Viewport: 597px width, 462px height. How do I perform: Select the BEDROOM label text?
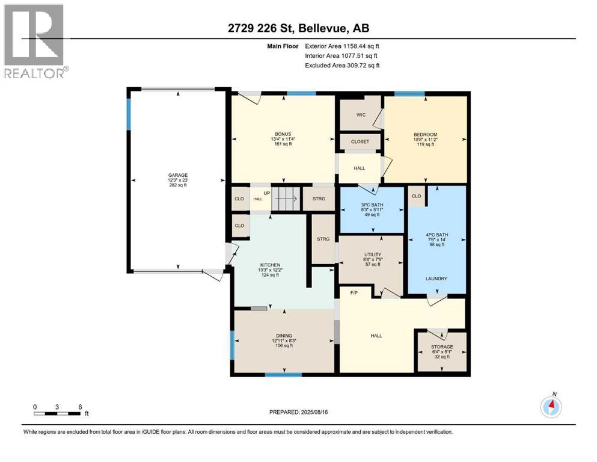click(x=425, y=134)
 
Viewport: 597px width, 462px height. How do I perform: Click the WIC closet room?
click(x=361, y=114)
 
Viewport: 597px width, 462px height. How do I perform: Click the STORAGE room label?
click(x=442, y=347)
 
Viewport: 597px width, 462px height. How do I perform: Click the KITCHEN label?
click(x=270, y=265)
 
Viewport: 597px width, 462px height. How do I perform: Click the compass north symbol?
click(x=551, y=407)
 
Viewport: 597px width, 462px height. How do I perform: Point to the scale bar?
click(x=58, y=413)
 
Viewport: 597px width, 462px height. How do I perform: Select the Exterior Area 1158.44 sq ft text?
click(x=342, y=46)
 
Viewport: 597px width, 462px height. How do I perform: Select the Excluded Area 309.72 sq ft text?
click(x=342, y=65)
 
